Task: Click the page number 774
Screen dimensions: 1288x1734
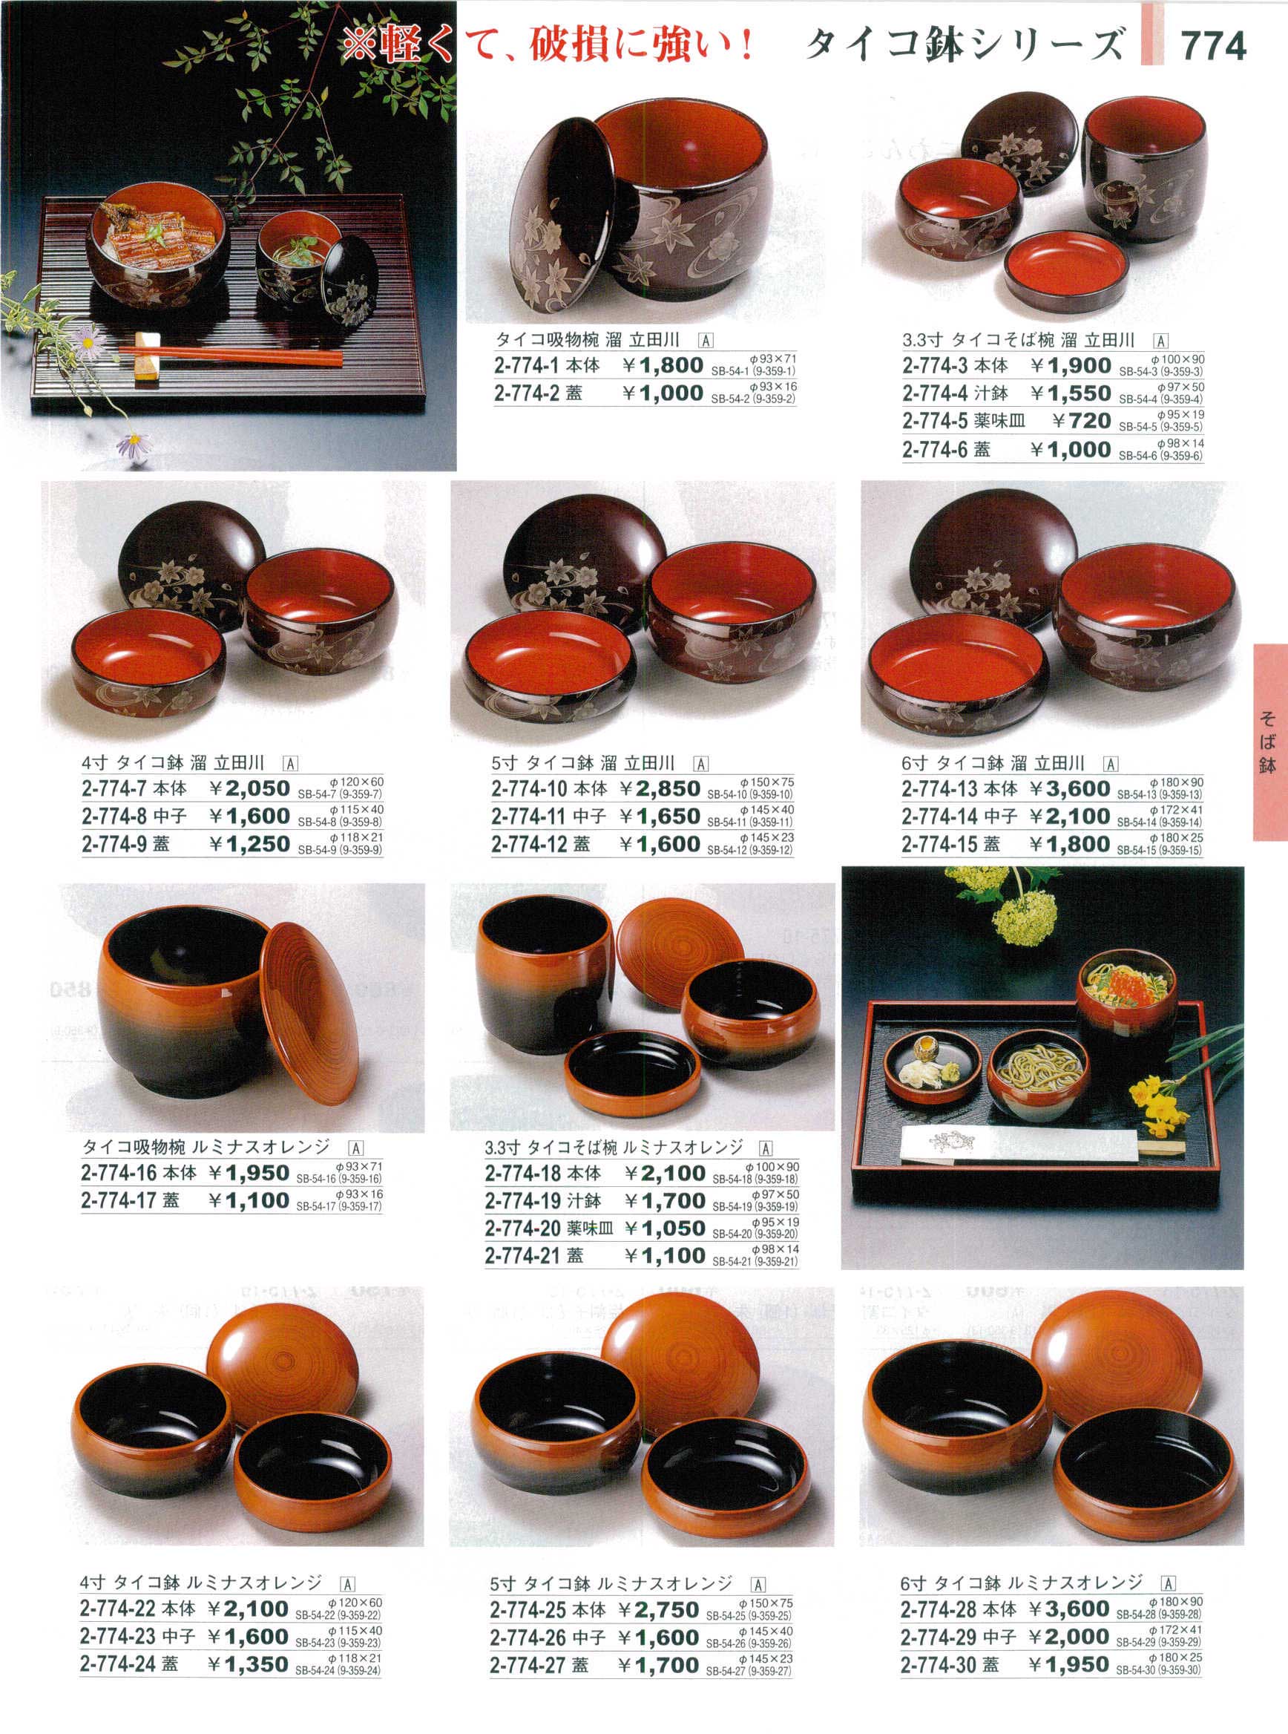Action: coord(1214,47)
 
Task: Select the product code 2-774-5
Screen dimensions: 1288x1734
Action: coord(935,421)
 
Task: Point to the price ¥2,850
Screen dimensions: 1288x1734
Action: coord(660,788)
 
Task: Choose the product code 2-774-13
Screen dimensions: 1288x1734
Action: coord(939,788)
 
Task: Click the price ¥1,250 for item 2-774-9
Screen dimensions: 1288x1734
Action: coord(249,844)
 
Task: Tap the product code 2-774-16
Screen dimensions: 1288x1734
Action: coord(119,1172)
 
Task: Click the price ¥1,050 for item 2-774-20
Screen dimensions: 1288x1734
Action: coord(665,1228)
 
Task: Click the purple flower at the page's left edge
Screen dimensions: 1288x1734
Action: coord(85,336)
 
